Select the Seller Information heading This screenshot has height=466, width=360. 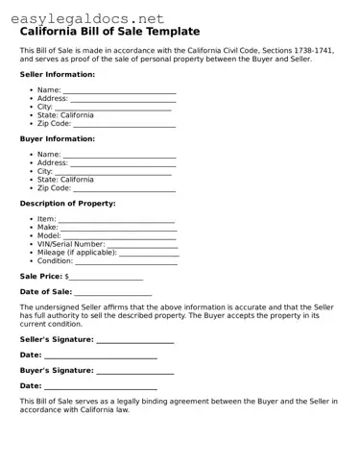57,74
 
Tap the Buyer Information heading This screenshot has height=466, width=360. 57,138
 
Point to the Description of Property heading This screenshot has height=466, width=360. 67,204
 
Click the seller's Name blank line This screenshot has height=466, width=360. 120,91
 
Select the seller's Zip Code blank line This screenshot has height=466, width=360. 125,125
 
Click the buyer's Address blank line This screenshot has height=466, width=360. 124,163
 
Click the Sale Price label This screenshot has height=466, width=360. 40,276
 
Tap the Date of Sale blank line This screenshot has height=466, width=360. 113,293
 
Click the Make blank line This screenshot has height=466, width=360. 126,229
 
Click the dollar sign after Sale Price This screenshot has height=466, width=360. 67,277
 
